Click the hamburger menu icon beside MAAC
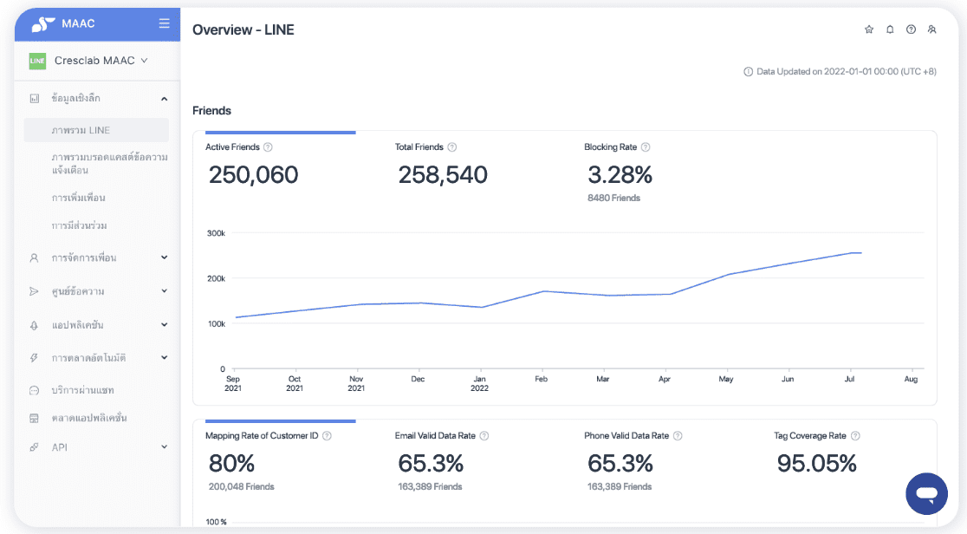(164, 23)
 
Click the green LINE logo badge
(37, 61)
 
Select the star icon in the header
(869, 29)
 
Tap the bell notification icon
(890, 29)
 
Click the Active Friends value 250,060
(253, 175)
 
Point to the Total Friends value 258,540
(443, 175)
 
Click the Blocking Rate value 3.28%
(620, 175)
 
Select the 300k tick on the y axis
(216, 233)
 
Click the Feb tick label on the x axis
(541, 379)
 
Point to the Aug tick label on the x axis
(911, 379)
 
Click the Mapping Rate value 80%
(231, 463)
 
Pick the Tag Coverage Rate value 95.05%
(816, 463)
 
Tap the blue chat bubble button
(926, 494)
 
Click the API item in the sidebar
(59, 447)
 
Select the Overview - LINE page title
(243, 29)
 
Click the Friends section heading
(211, 111)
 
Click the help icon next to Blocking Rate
(646, 147)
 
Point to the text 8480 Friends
(613, 199)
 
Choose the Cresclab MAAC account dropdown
(101, 61)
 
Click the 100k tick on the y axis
(216, 323)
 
